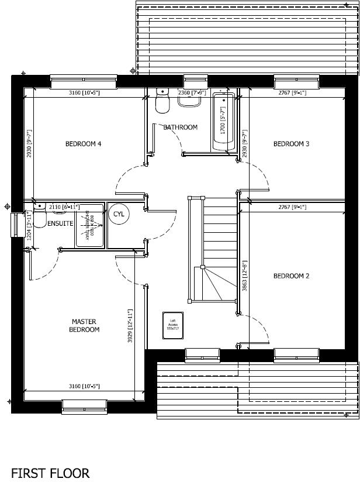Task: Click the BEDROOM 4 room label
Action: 83,144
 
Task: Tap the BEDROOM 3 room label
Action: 291,144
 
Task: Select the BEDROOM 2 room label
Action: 291,276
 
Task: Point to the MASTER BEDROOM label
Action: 85,326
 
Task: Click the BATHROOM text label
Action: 180,128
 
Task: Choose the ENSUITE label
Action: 60,223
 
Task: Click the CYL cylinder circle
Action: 119,214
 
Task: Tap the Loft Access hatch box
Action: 173,325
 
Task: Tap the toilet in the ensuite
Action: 39,217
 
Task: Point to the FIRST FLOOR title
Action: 50,473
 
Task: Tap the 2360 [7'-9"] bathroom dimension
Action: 192,92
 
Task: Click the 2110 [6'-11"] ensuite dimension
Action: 64,207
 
